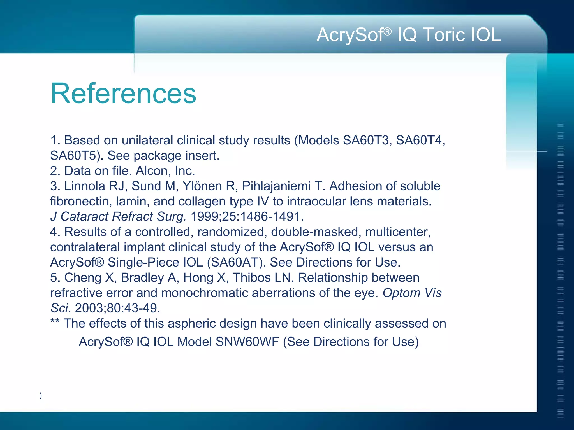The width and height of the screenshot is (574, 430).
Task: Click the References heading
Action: tap(123, 94)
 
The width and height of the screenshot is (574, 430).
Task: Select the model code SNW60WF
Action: tap(247, 342)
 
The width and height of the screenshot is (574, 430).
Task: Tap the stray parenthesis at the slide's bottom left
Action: tap(41, 395)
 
